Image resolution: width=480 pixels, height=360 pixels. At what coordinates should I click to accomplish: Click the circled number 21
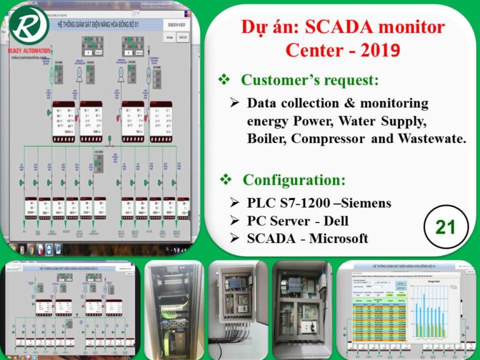point(445,227)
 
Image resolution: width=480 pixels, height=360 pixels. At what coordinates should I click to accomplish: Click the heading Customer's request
point(309,79)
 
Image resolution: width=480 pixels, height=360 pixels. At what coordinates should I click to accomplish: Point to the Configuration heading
point(294,181)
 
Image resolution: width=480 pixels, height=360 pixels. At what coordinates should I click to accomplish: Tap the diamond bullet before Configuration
point(226,181)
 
